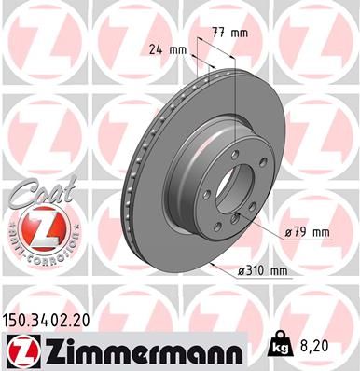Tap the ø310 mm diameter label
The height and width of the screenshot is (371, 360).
click(x=262, y=269)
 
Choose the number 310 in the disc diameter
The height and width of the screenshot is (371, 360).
click(x=260, y=269)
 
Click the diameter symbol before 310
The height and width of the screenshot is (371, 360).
click(x=241, y=270)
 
